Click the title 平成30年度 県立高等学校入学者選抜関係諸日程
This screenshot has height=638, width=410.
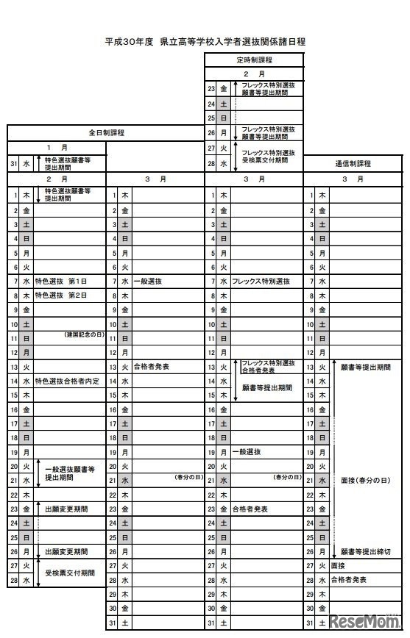click(x=205, y=42)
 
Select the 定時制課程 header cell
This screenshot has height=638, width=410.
click(x=254, y=59)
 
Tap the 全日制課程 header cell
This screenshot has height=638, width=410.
click(x=106, y=133)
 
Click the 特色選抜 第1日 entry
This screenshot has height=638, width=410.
click(x=61, y=282)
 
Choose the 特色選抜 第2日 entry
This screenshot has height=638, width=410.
click(x=61, y=295)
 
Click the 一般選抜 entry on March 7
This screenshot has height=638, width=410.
click(x=148, y=282)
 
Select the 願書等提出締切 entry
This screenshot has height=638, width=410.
click(x=365, y=551)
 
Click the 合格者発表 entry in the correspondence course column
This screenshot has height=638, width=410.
click(x=348, y=579)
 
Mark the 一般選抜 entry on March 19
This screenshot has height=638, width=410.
click(x=246, y=451)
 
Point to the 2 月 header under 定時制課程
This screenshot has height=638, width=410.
click(x=254, y=74)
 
